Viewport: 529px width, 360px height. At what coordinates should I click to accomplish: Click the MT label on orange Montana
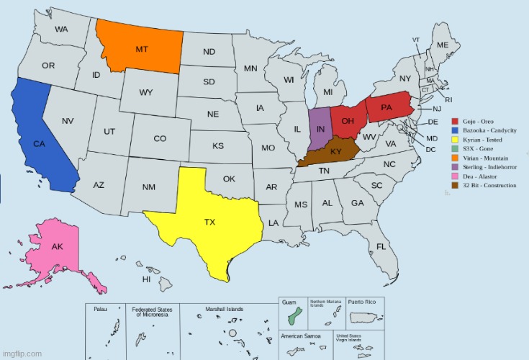(x=142, y=49)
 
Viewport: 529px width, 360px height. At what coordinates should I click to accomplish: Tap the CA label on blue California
(x=40, y=144)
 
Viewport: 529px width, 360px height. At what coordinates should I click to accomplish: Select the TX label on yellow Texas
(x=209, y=222)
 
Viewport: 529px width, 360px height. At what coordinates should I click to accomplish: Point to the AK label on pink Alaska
(x=58, y=247)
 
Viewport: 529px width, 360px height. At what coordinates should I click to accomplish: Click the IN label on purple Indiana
(x=320, y=128)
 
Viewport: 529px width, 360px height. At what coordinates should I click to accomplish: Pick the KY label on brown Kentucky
(x=336, y=152)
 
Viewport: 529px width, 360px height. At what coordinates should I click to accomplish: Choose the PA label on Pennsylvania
(x=386, y=108)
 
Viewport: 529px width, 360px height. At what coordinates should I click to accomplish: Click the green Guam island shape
(x=291, y=318)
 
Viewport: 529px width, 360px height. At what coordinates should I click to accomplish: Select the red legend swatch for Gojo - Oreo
(x=455, y=121)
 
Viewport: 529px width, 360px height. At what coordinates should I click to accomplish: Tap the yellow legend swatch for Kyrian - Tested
(x=455, y=139)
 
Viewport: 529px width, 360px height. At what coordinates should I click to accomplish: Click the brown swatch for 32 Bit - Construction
(x=455, y=185)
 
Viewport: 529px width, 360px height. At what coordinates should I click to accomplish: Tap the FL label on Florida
(x=381, y=246)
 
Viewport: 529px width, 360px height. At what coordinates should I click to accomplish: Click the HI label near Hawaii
(x=146, y=278)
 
